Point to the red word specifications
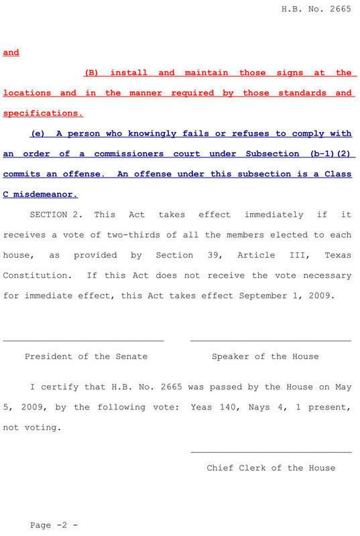point(40,113)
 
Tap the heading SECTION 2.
point(59,214)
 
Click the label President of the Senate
point(86,356)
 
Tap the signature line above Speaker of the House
point(270,341)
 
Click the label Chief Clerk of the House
point(271,468)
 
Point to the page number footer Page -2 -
point(54,525)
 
